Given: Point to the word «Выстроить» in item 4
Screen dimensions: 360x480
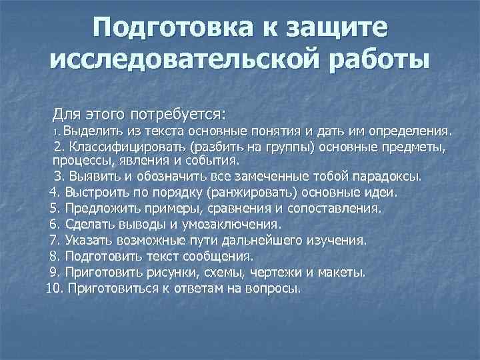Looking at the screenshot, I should coord(95,193).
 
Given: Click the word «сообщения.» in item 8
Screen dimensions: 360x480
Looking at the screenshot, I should coord(223,256).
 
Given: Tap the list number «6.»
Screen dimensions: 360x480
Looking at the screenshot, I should coord(56,225).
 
